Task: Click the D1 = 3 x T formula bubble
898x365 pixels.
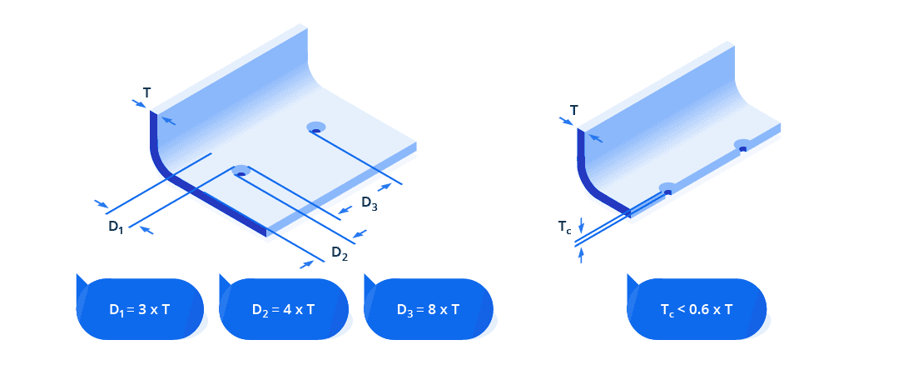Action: point(140,309)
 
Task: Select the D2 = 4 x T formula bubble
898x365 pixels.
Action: point(283,309)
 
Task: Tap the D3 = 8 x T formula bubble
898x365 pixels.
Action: point(429,309)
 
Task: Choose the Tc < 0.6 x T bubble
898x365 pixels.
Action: point(696,309)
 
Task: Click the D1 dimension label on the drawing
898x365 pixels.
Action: point(115,227)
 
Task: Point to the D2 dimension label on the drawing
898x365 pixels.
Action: point(339,252)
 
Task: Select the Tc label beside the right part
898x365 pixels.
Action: point(564,227)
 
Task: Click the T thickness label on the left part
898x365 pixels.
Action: point(146,93)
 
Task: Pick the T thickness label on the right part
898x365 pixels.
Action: point(573,110)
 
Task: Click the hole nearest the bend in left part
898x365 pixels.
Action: point(241,172)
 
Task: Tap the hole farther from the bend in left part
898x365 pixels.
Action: point(316,128)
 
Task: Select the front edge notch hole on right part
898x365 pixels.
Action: point(667,189)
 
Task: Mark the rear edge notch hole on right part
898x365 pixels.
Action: point(742,147)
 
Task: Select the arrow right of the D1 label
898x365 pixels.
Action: point(145,230)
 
